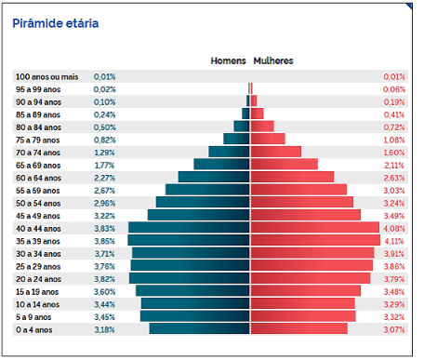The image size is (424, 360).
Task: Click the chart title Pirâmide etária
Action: click(56, 23)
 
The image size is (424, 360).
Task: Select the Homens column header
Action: click(228, 60)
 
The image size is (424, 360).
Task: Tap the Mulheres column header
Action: click(273, 60)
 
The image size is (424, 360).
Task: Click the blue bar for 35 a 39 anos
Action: click(189, 240)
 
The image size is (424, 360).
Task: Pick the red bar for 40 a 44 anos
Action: click(315, 228)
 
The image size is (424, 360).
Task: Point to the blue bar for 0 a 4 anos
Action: click(199, 328)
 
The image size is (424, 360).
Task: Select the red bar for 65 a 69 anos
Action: click(285, 165)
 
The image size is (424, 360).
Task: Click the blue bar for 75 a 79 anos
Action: click(236, 139)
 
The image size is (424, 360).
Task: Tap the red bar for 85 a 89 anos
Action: click(258, 113)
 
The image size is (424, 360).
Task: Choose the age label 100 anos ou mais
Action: click(47, 77)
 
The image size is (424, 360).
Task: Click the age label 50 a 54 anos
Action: click(38, 204)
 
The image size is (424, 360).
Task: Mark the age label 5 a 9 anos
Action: click(33, 317)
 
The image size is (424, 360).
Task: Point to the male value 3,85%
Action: click(105, 241)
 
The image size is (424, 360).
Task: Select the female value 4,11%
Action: click(394, 241)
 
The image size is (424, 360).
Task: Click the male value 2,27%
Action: click(105, 178)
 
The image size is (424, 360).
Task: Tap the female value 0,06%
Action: click(394, 89)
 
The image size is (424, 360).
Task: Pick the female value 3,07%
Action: click(394, 330)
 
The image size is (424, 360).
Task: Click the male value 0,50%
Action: click(105, 127)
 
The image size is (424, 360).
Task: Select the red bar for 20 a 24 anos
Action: click(311, 278)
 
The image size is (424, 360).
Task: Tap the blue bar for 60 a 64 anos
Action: click(214, 177)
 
